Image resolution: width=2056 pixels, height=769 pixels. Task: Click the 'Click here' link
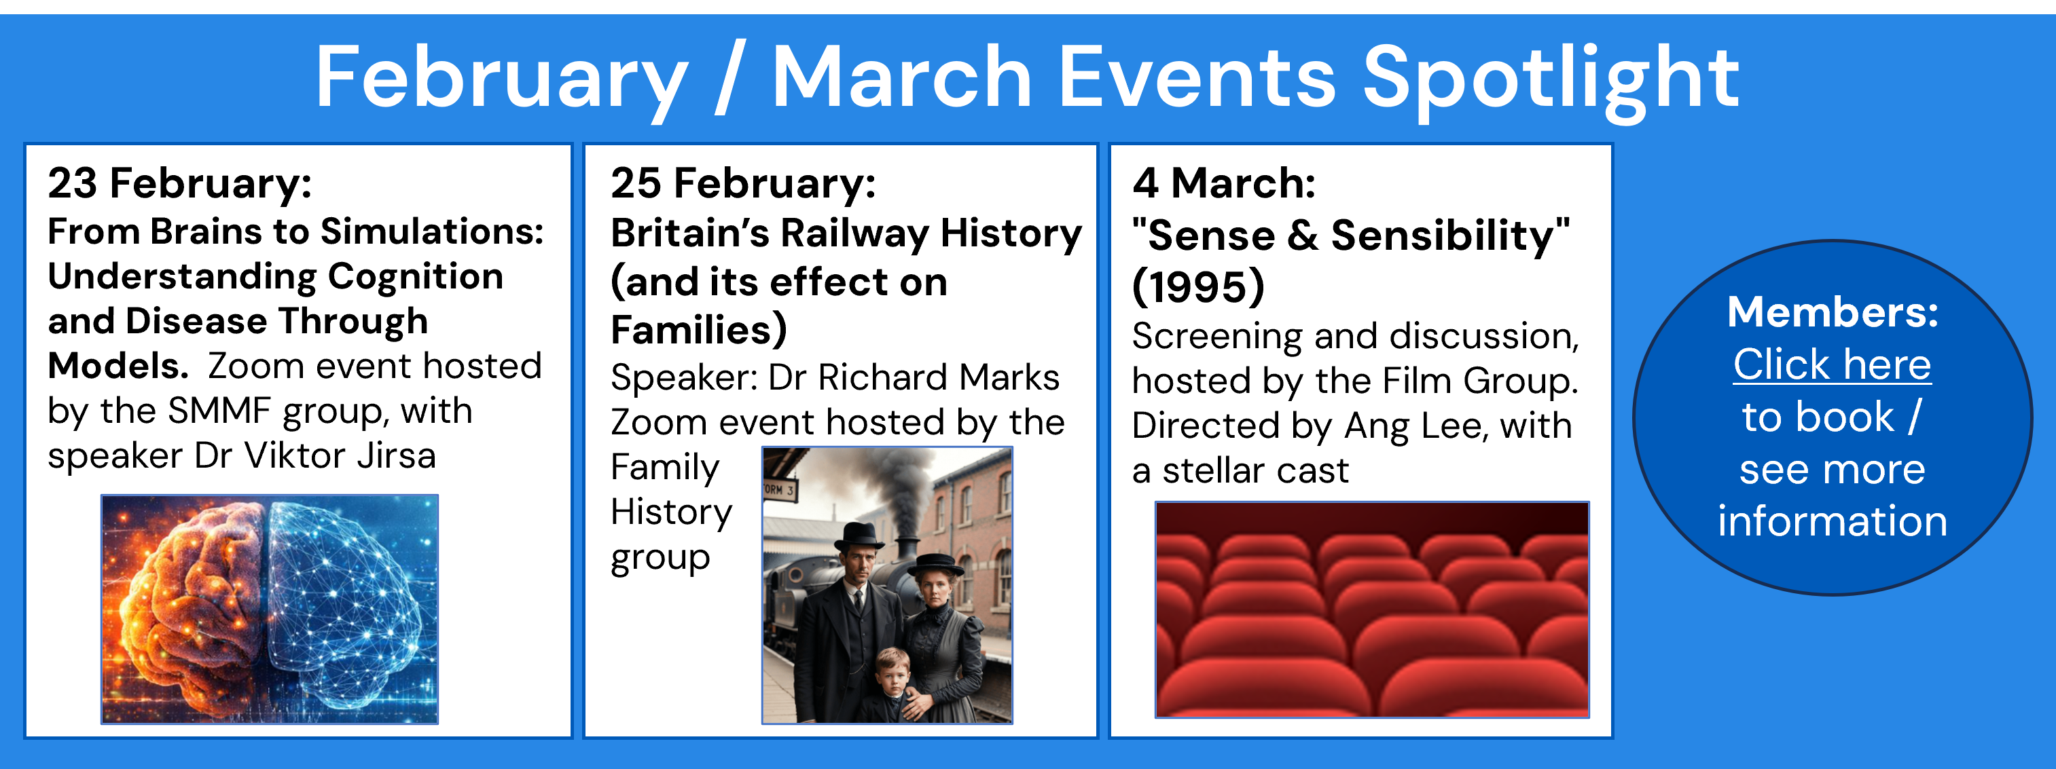tap(1832, 364)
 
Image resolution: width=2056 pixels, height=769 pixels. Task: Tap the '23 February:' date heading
tap(179, 183)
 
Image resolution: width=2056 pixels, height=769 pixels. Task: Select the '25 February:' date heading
tap(743, 183)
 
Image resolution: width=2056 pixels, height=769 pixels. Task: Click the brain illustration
tap(270, 609)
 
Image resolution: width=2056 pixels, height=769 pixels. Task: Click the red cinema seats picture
tap(1372, 609)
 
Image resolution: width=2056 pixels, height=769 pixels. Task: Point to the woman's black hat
tap(941, 565)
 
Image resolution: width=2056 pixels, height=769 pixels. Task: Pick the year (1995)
tap(1198, 286)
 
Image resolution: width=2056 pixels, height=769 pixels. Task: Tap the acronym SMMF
tap(219, 411)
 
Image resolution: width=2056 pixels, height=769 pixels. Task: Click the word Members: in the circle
tap(1833, 312)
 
